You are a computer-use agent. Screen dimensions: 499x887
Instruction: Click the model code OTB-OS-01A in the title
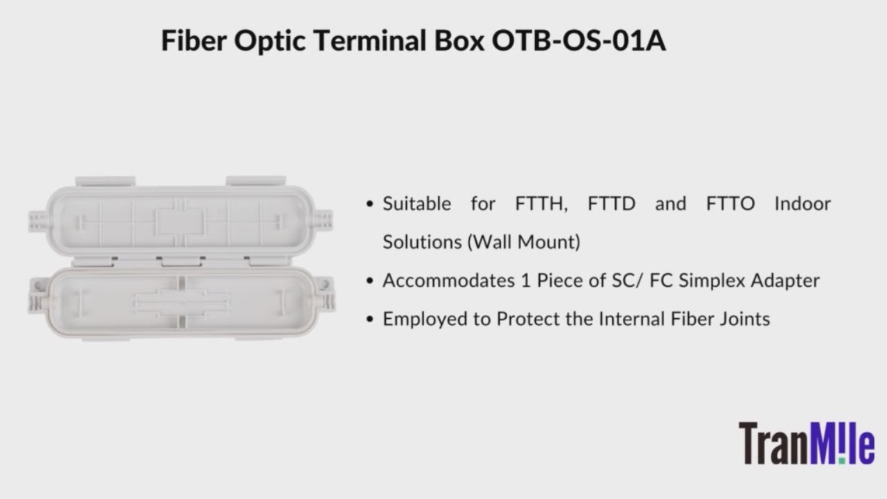(x=579, y=41)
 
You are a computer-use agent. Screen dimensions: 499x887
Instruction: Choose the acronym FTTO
(x=730, y=204)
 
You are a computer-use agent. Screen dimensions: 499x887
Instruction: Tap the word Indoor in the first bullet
(x=802, y=204)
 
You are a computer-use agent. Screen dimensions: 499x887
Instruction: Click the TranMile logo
(x=806, y=444)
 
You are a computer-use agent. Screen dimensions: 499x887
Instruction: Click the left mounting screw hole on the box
(x=37, y=284)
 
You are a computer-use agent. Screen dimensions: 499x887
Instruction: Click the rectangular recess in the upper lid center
(x=179, y=222)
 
